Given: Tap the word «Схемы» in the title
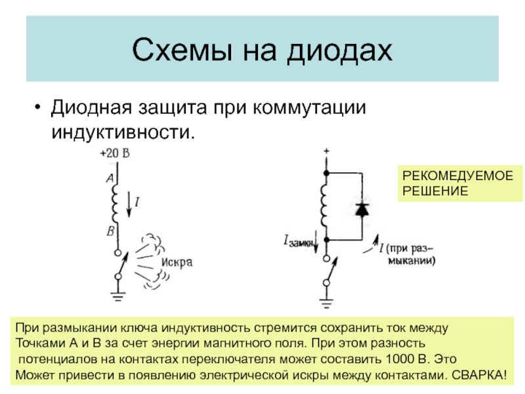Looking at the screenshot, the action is (x=176, y=50).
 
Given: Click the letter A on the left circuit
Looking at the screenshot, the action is (x=110, y=178).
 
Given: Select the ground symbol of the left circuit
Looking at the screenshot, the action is (x=118, y=295).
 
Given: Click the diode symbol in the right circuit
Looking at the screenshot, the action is (x=362, y=209).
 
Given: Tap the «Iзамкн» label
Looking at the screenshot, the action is (x=299, y=242).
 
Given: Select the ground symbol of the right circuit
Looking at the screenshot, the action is (x=325, y=303).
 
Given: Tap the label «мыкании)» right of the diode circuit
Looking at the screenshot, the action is (x=410, y=260).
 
